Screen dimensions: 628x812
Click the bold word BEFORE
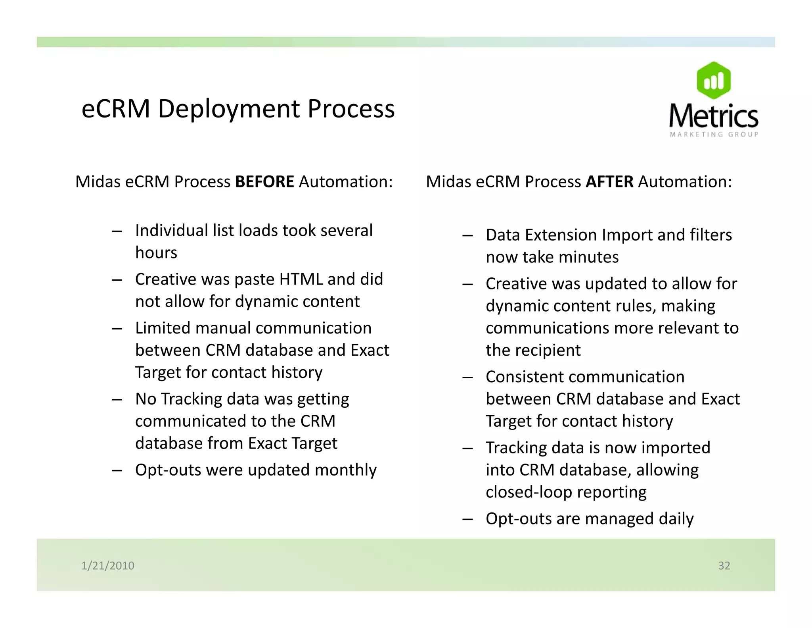tap(264, 182)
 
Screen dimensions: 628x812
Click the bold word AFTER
tap(609, 182)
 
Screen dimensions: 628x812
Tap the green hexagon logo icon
tap(713, 81)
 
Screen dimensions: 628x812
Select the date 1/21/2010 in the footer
tap(108, 565)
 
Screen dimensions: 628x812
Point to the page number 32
tap(724, 565)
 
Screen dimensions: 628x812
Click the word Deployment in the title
tap(229, 109)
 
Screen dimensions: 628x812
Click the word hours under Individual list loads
tap(156, 253)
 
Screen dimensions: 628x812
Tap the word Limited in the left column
tap(163, 328)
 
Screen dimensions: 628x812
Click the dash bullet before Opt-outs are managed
tap(467, 519)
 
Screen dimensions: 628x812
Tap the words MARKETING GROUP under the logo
tap(714, 135)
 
